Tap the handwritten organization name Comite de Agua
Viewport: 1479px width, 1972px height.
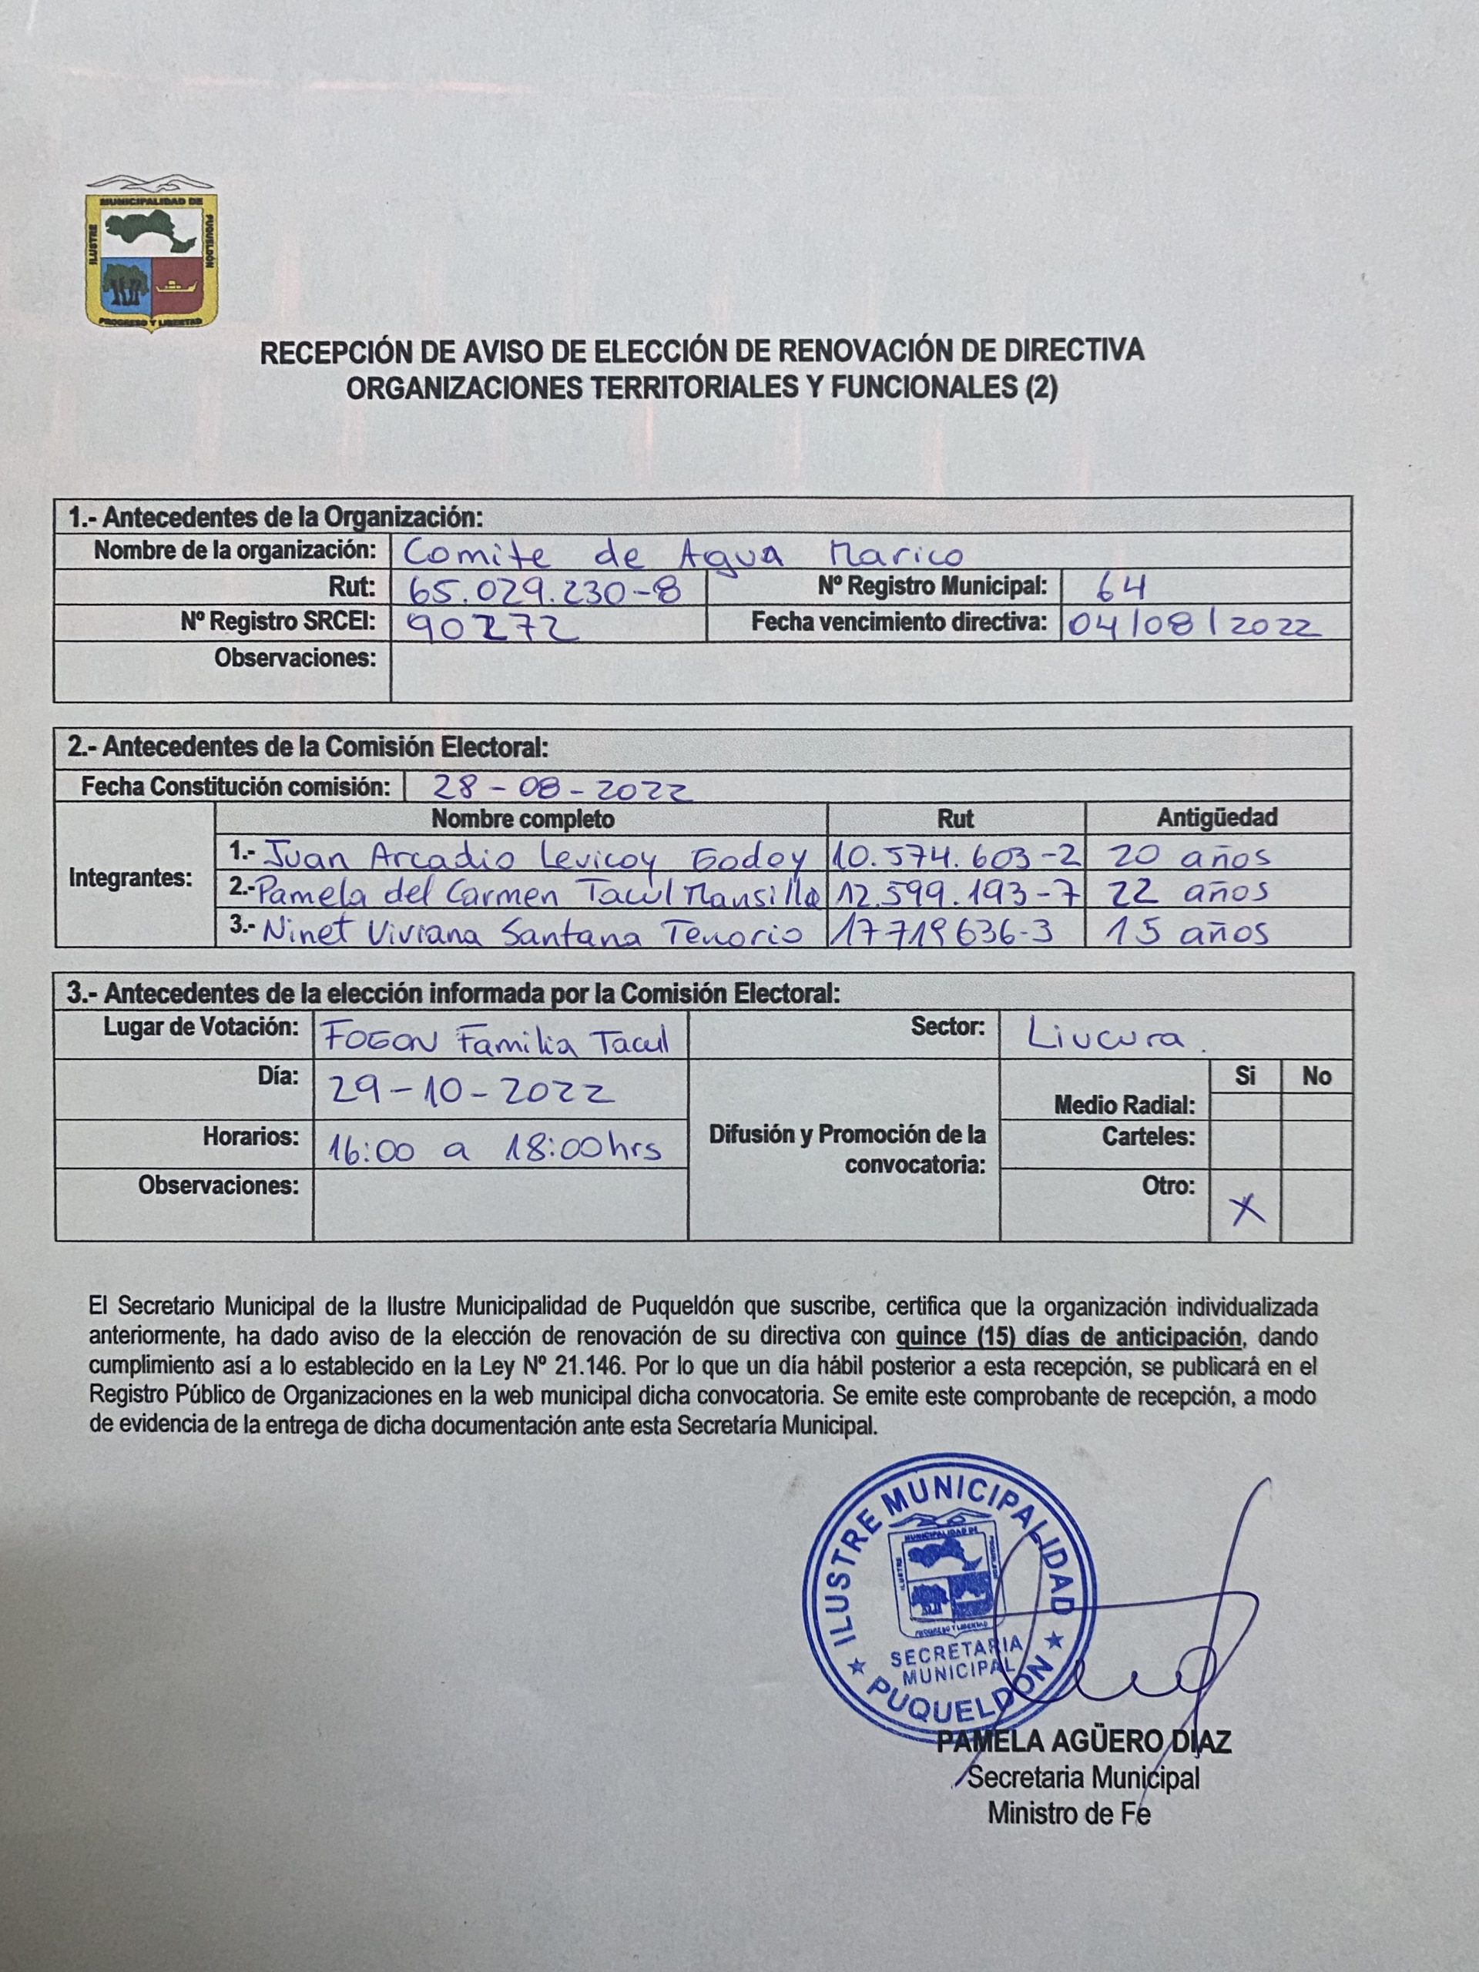(682, 554)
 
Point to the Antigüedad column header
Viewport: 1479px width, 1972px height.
(1217, 817)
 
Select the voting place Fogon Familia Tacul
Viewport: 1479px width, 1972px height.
(498, 1039)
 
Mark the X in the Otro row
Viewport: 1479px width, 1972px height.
(1246, 1208)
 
